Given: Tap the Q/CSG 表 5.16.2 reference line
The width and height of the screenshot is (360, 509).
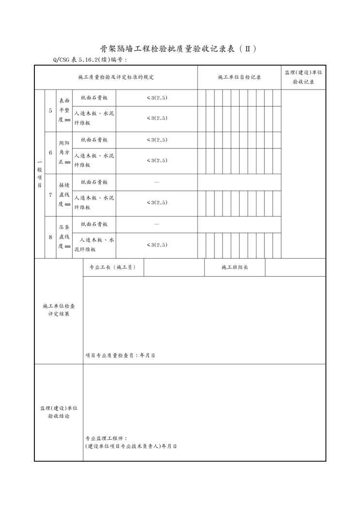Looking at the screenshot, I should click(90, 60).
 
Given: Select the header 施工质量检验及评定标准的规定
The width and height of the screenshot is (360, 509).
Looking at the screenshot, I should click(116, 77).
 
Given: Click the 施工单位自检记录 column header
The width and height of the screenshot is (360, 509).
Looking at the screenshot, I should click(239, 77).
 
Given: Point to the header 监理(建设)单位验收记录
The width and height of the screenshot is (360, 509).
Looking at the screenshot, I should click(303, 77).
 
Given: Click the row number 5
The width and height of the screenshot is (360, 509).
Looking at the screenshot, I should click(50, 110).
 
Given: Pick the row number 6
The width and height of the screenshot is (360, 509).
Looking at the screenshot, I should click(50, 152).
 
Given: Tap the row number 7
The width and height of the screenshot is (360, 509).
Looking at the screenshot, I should click(50, 195).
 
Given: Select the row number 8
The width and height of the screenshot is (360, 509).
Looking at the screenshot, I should click(50, 237).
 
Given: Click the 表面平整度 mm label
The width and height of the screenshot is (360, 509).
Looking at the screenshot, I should click(64, 110).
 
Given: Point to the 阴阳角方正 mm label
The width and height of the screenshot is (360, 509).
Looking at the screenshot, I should click(64, 152).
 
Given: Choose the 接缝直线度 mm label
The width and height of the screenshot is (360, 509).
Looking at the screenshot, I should click(64, 195).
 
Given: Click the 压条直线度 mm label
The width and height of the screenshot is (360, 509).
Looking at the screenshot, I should click(64, 237).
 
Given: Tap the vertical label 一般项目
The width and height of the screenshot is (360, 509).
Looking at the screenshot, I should click(39, 174).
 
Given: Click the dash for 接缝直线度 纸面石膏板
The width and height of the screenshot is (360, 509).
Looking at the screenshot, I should click(156, 182).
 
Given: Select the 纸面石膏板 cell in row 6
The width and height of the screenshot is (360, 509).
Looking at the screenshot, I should click(94, 140).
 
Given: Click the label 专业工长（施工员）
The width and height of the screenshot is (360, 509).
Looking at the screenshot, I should click(113, 267).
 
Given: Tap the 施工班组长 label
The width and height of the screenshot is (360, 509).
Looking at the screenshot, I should click(235, 267).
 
